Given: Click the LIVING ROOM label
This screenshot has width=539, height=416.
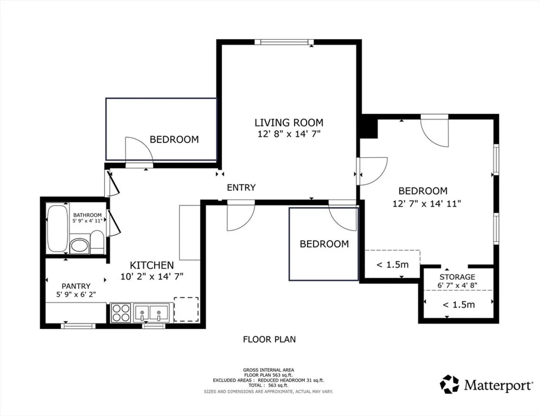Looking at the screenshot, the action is [x=289, y=122].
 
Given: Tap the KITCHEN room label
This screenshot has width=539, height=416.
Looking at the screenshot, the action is [x=152, y=265].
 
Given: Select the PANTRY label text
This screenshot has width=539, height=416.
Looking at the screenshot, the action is [x=76, y=286].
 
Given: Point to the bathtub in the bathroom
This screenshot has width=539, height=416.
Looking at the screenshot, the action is [x=57, y=228].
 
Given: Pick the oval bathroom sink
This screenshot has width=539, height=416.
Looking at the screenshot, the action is [x=79, y=245].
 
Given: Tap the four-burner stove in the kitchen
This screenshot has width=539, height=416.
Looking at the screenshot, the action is [x=121, y=313].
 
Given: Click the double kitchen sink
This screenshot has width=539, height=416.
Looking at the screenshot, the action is [x=151, y=313].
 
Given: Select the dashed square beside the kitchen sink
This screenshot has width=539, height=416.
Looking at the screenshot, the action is [x=186, y=309].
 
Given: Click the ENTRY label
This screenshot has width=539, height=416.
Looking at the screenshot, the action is [x=241, y=188].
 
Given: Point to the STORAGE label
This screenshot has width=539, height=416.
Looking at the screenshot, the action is [x=457, y=277].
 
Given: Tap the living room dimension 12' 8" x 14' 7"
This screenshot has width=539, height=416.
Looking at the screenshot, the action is [x=289, y=134].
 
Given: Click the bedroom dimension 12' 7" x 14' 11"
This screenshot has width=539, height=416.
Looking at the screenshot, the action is [x=427, y=204].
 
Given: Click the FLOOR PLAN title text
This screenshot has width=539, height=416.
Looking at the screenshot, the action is [x=269, y=339].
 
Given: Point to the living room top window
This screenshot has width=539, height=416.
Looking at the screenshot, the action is [x=284, y=42].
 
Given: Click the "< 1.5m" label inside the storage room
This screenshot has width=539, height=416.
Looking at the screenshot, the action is [x=459, y=305].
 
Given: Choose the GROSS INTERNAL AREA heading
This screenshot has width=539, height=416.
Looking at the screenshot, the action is [x=268, y=370].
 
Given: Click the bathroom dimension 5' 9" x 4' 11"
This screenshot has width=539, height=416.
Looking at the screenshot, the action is [x=87, y=221].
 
